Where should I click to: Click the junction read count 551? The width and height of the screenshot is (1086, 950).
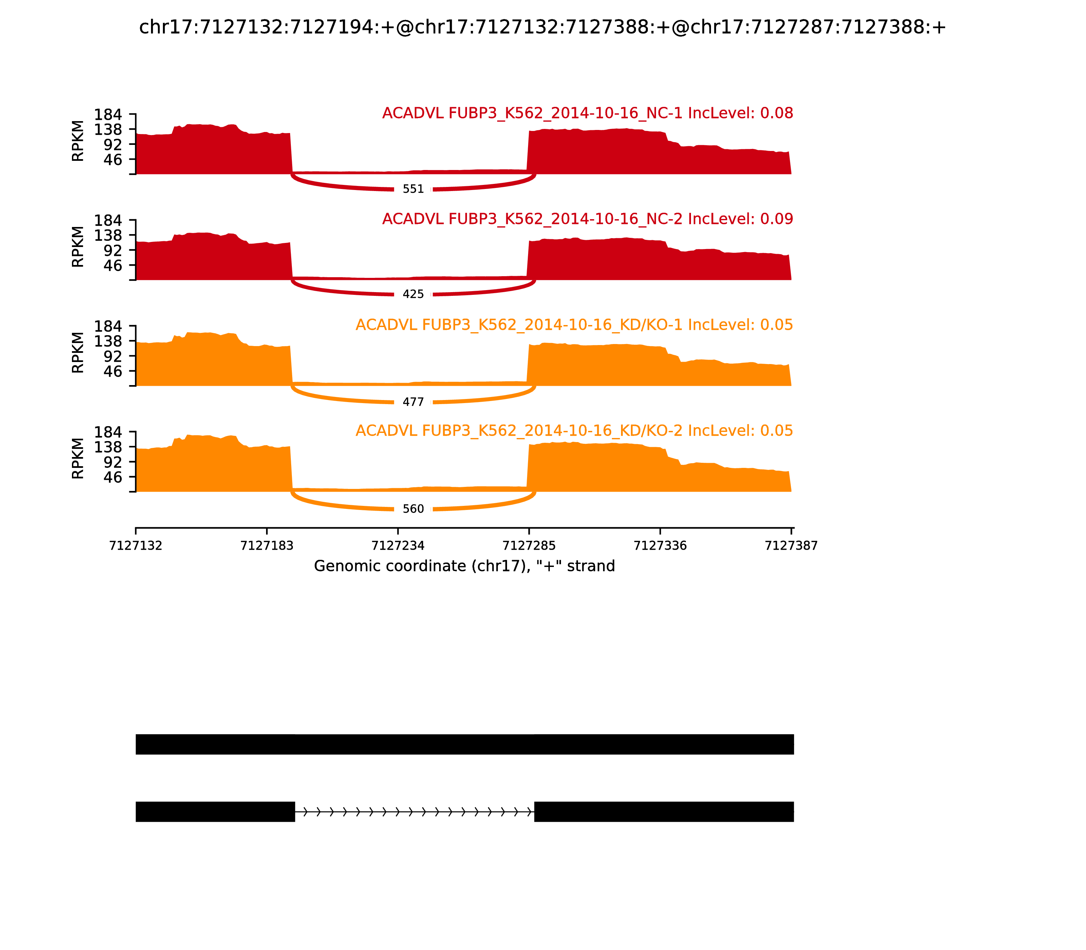[x=413, y=189]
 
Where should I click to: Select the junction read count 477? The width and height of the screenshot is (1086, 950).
[x=413, y=402]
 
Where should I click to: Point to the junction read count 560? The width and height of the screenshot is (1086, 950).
[x=413, y=510]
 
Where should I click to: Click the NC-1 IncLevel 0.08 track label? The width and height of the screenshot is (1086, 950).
[x=587, y=113]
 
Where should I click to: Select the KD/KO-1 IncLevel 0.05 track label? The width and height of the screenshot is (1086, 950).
[x=574, y=325]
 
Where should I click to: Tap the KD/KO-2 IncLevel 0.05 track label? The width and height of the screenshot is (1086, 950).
[x=574, y=431]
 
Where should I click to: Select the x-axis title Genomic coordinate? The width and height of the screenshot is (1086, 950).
[x=465, y=566]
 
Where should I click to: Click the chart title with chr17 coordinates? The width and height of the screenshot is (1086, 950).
[x=542, y=27]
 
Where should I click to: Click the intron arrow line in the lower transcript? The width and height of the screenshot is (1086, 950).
[x=414, y=812]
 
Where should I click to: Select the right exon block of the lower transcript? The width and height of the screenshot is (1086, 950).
[x=664, y=812]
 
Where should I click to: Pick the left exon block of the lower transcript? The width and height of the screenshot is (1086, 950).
[x=215, y=812]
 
